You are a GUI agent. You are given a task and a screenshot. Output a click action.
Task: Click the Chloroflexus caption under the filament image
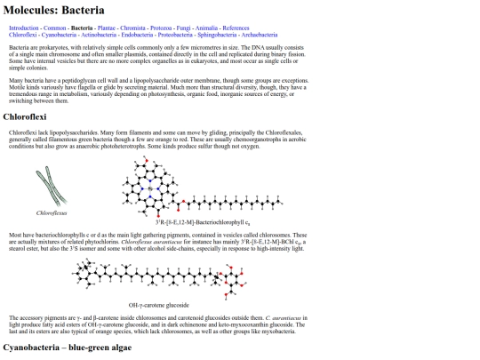click(x=52, y=214)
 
